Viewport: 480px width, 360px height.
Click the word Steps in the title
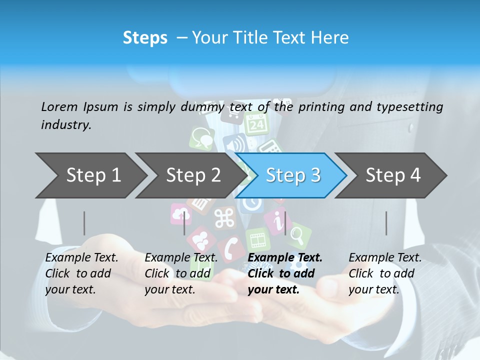pyautogui.click(x=145, y=38)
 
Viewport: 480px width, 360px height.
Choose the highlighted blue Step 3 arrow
pyautogui.click(x=292, y=175)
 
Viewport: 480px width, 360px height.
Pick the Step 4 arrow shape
pyautogui.click(x=393, y=175)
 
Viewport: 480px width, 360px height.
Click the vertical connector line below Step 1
pyautogui.click(x=84, y=223)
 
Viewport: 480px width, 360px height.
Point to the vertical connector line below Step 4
pyautogui.click(x=386, y=223)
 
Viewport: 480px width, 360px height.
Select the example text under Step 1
pyautogui.click(x=81, y=273)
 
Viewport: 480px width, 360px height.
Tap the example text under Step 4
pyautogui.click(x=385, y=273)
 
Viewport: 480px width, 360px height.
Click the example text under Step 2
pyautogui.click(x=181, y=273)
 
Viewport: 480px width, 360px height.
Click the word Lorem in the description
pyautogui.click(x=59, y=106)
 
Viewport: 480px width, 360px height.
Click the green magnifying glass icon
pyautogui.click(x=298, y=234)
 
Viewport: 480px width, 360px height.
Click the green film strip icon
pyautogui.click(x=258, y=239)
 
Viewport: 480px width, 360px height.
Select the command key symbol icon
pyautogui.click(x=224, y=218)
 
